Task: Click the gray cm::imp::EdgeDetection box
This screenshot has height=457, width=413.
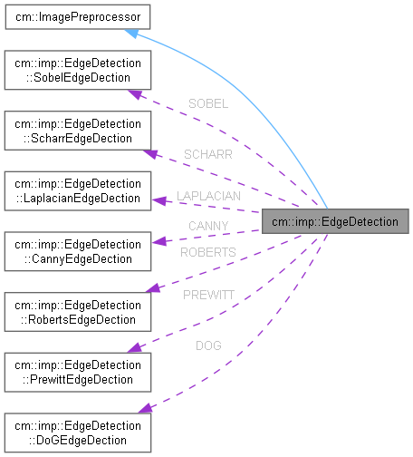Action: pyautogui.click(x=334, y=220)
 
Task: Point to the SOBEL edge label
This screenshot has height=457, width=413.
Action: pyautogui.click(x=207, y=104)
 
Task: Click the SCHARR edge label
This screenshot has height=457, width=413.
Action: pyautogui.click(x=207, y=154)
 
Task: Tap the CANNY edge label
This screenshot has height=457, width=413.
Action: pyautogui.click(x=208, y=225)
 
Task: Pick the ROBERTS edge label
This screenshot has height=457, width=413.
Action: pyautogui.click(x=207, y=251)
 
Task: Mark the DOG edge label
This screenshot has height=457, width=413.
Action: pyautogui.click(x=207, y=345)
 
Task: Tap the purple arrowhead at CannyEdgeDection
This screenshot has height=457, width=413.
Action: pyautogui.click(x=156, y=242)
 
